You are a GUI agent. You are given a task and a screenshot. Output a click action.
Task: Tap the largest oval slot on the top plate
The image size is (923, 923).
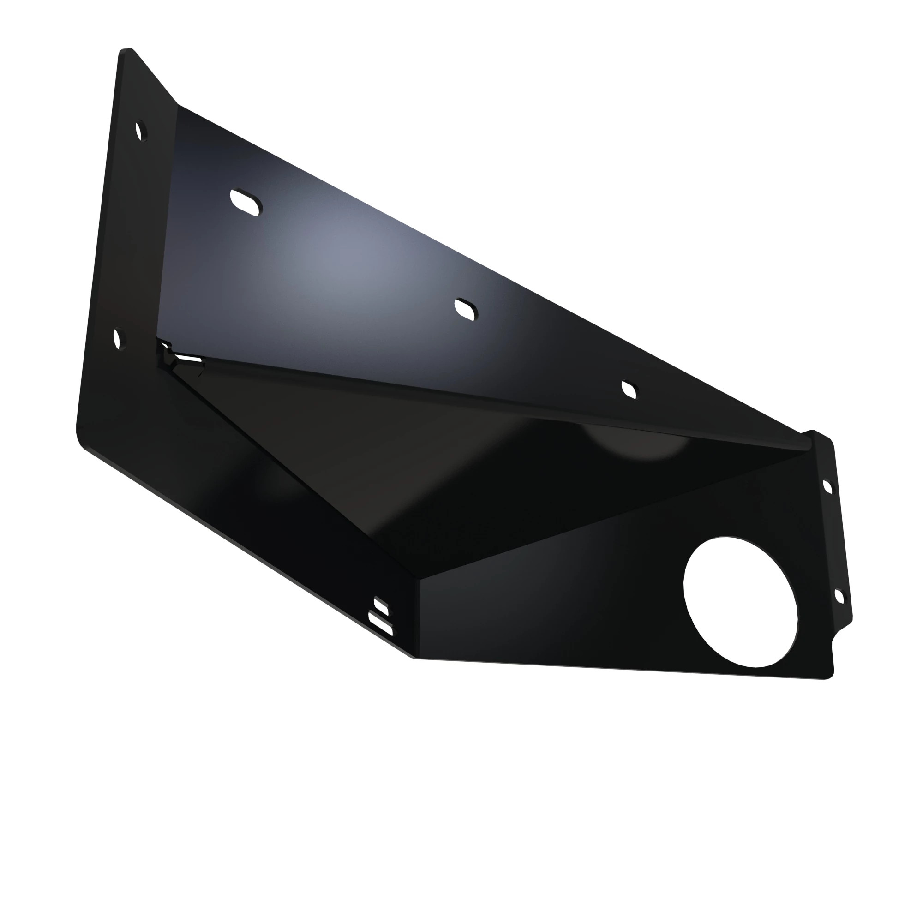tap(246, 203)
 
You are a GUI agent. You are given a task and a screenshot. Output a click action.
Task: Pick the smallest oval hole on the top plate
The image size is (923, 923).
tap(629, 390)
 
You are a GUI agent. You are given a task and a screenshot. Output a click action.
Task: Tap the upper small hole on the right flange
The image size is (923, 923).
tap(827, 487)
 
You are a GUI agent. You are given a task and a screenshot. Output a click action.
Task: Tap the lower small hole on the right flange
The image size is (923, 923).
tap(839, 596)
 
